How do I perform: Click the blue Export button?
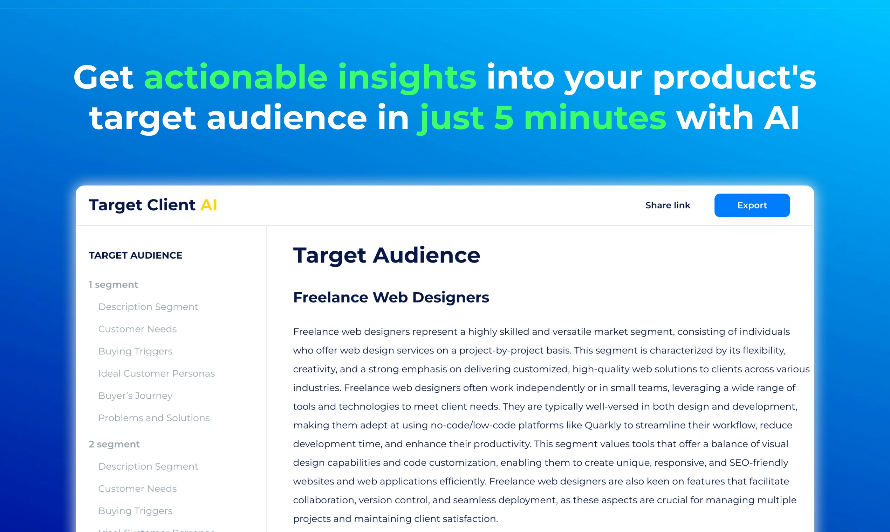(752, 205)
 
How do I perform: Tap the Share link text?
(667, 205)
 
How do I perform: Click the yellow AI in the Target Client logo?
(208, 205)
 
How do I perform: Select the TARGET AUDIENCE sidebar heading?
(136, 255)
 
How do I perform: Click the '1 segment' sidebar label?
(114, 285)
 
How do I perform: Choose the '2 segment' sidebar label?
(114, 444)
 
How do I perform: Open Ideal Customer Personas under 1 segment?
(157, 373)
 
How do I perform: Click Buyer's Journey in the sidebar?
(135, 396)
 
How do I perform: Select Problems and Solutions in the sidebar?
(154, 418)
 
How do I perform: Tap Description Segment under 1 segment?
(148, 307)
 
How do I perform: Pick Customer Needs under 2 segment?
(137, 489)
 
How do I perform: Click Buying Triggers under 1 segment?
(135, 351)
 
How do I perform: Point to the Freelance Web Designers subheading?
(391, 297)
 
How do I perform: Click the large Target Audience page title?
(386, 255)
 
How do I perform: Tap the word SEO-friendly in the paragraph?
(759, 463)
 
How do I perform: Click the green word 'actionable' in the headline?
(236, 77)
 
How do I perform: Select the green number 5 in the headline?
(504, 118)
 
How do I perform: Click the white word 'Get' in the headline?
(103, 77)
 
